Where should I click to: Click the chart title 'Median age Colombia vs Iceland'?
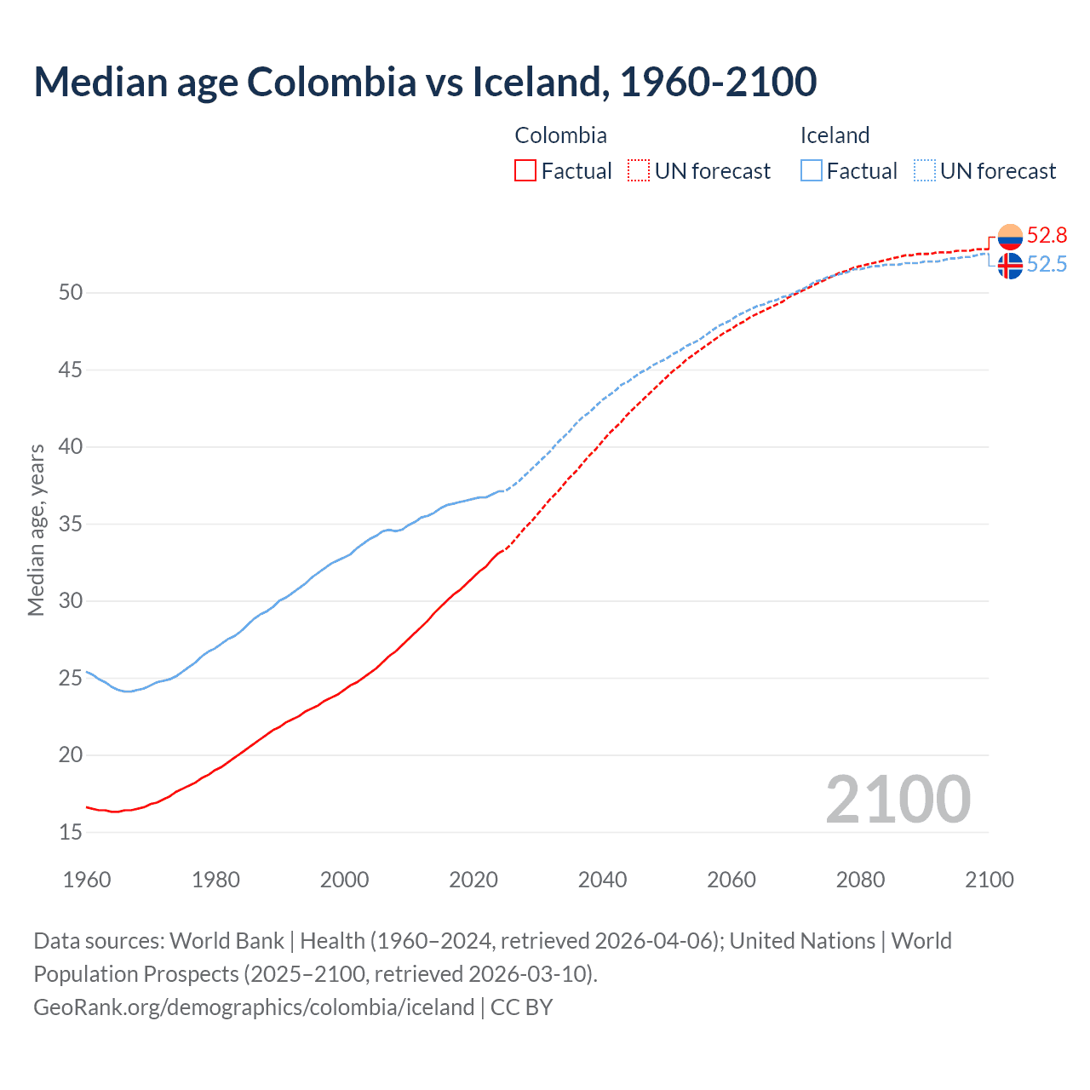coord(425,82)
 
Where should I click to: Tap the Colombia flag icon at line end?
coord(1010,237)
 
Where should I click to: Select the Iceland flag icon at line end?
coord(1010,266)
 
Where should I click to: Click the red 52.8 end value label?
coord(1047,235)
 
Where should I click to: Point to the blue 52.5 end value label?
coord(1047,265)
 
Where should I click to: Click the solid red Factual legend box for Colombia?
coord(525,171)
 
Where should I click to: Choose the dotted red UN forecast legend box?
coord(639,171)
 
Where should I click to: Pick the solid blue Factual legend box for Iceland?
coord(812,171)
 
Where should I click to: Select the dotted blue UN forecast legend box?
coord(925,171)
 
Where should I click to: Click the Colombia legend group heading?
coord(560,135)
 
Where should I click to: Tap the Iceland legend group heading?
coord(835,135)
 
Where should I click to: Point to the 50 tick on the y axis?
coord(71,293)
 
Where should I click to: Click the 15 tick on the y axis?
coord(71,832)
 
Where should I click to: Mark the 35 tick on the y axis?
coord(71,524)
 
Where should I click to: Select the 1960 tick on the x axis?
coord(87,880)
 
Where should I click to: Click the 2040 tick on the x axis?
coord(602,880)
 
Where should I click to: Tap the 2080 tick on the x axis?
coord(860,880)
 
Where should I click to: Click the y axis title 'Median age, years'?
coord(36,530)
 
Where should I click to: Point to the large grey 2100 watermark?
coord(898,800)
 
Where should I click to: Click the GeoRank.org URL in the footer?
coord(253,1007)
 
